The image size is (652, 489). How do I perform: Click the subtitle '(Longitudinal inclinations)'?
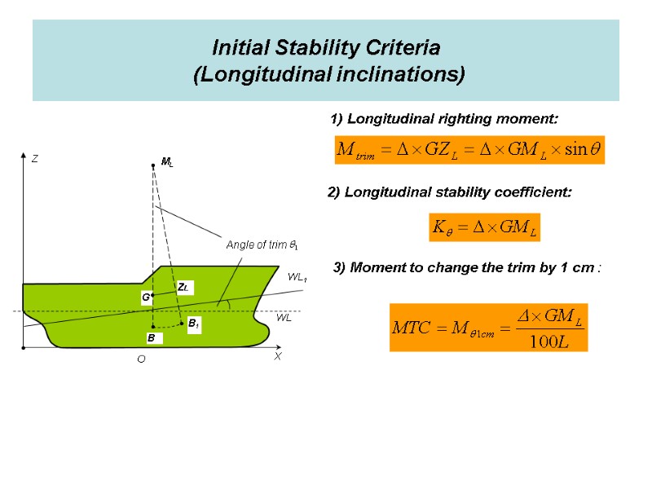(328, 75)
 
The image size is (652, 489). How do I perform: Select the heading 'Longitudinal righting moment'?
(444, 119)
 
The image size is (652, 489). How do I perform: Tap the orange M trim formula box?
(469, 150)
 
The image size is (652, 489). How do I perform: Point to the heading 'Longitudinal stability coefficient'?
(449, 192)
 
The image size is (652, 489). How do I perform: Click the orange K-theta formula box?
(484, 227)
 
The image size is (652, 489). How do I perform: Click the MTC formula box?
(487, 327)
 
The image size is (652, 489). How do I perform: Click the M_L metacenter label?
(167, 163)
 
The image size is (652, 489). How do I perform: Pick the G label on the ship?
(146, 298)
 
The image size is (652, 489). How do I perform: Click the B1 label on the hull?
(194, 324)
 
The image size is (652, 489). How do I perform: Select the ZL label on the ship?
(183, 288)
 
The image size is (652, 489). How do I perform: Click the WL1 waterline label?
(297, 278)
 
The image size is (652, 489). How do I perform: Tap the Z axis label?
(35, 160)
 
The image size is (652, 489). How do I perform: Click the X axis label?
(277, 357)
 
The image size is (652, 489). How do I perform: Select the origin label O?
(141, 359)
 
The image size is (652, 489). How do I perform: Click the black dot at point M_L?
(152, 165)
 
